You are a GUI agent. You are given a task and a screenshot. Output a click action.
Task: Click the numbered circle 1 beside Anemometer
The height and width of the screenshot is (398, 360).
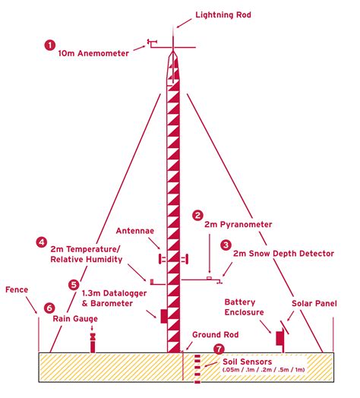tap(50, 45)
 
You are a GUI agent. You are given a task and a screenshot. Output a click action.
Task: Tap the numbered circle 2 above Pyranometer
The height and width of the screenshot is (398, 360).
tap(197, 216)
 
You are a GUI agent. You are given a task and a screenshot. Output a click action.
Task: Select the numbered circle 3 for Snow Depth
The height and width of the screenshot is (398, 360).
tap(226, 245)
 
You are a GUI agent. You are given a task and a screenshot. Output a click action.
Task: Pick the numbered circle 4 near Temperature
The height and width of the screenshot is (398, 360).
tap(41, 242)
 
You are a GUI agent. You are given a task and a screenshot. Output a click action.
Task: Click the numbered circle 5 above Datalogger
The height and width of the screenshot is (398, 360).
tap(74, 285)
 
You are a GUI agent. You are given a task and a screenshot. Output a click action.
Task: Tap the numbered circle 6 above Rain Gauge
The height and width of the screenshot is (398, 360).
tap(49, 308)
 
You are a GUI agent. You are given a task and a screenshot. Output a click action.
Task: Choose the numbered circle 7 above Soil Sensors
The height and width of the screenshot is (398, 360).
tap(219, 349)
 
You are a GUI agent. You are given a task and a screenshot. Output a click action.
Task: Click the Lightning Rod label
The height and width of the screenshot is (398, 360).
tap(223, 14)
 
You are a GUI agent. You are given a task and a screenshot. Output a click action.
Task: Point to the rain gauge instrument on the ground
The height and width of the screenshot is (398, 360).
tap(93, 343)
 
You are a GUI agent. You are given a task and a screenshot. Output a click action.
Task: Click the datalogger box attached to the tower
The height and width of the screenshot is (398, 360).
tap(164, 316)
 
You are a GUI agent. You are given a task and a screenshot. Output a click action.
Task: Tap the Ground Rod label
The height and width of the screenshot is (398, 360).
tap(215, 334)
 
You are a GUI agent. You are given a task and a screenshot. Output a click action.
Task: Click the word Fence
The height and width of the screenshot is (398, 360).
tap(17, 289)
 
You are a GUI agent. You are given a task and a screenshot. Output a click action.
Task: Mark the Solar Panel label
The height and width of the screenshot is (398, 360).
tap(314, 303)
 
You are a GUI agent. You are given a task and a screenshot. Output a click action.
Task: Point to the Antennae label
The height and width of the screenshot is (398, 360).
tap(135, 231)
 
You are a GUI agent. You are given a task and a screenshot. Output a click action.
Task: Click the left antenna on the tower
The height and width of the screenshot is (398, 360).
tap(160, 259)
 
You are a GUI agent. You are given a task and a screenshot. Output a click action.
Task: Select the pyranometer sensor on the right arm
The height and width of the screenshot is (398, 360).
tap(209, 278)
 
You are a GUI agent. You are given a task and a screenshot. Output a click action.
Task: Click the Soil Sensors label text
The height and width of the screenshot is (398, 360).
tap(247, 362)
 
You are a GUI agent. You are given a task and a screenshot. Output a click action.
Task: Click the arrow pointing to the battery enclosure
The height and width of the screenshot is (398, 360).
tap(265, 327)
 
